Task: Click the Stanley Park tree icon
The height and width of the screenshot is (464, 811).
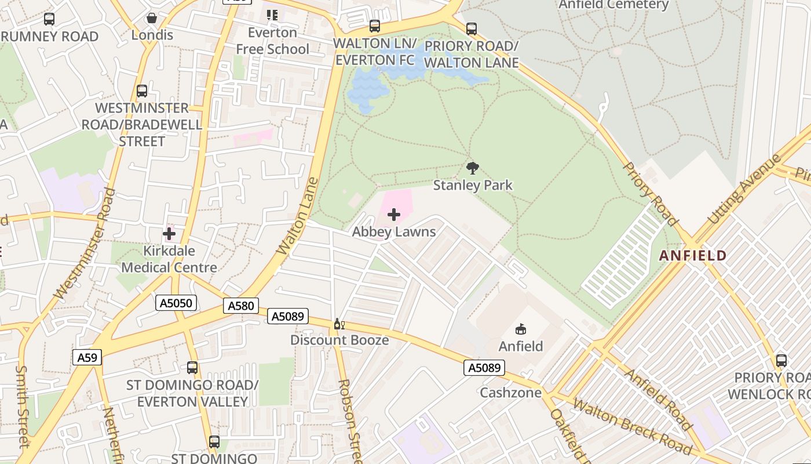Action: click(473, 168)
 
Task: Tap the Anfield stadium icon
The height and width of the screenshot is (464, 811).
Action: click(521, 329)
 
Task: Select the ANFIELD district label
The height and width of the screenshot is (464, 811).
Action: click(693, 255)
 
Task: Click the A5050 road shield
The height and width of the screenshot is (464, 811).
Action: click(176, 302)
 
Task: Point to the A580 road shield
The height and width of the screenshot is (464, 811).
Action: click(241, 306)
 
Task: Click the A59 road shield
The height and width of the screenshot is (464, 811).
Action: click(87, 357)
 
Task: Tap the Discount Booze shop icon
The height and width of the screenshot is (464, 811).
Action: click(339, 324)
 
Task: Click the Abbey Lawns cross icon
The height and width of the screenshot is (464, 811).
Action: click(394, 215)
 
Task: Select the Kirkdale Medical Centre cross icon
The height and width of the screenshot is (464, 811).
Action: click(169, 234)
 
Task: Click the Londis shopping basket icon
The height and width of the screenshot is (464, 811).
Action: click(152, 19)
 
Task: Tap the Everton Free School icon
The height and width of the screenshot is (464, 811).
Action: click(272, 15)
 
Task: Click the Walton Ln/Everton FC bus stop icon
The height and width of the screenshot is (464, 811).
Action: click(375, 26)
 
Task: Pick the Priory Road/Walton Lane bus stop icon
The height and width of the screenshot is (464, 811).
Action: click(472, 28)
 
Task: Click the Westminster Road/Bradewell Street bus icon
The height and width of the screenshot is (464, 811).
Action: click(142, 91)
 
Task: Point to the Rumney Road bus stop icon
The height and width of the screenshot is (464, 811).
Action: click(49, 19)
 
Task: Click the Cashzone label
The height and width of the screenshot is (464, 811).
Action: click(510, 393)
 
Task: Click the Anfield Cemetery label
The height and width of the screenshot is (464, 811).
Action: click(613, 5)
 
